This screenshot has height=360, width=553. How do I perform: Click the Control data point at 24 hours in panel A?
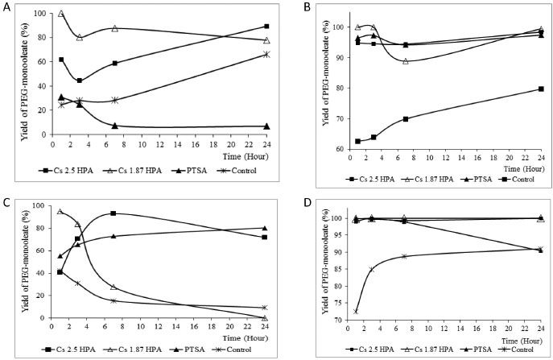tap(265, 54)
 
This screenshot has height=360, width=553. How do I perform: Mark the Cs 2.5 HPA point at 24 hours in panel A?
tap(265, 26)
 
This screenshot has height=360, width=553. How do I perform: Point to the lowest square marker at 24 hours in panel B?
tap(541, 89)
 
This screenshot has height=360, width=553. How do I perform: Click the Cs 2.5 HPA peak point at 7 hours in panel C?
tap(113, 213)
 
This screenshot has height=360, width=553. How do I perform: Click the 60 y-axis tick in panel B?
tap(308, 150)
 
